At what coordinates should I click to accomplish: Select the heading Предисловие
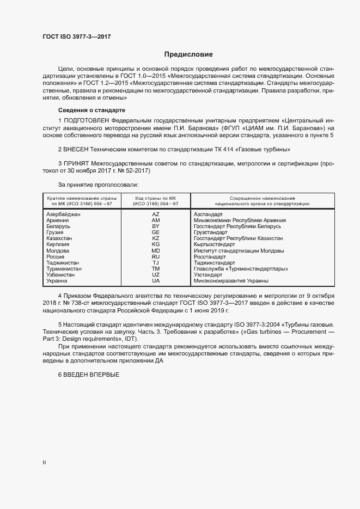coord(188,54)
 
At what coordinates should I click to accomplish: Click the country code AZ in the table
coord(156,214)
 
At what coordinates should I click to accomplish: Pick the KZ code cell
coord(156,238)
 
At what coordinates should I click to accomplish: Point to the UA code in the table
coord(156,280)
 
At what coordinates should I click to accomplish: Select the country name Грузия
coord(56,232)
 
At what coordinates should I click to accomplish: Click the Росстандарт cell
coord(210,256)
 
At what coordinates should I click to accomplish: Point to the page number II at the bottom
coord(44,463)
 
